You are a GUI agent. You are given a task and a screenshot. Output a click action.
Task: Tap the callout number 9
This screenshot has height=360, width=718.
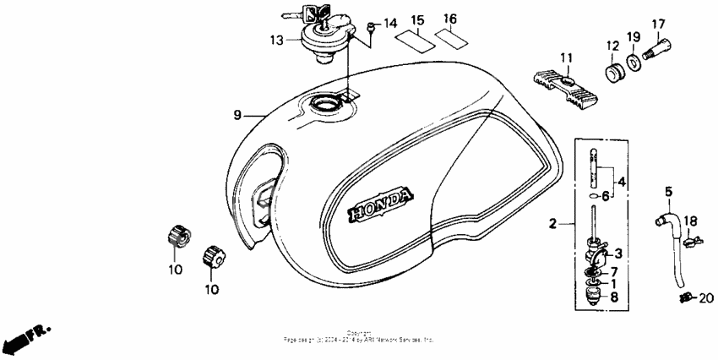[238, 115]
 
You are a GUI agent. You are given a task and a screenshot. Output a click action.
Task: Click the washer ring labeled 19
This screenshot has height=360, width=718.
[634, 64]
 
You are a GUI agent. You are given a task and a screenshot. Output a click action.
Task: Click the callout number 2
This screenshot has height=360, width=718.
[552, 225]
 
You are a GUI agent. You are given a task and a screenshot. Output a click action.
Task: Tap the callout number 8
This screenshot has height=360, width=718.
[614, 297]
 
